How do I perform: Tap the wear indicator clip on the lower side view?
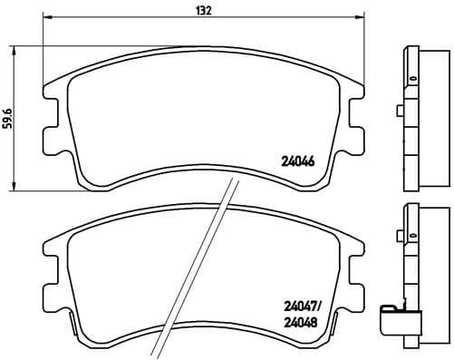(x=392, y=320)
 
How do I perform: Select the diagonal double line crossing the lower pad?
(x=190, y=272)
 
